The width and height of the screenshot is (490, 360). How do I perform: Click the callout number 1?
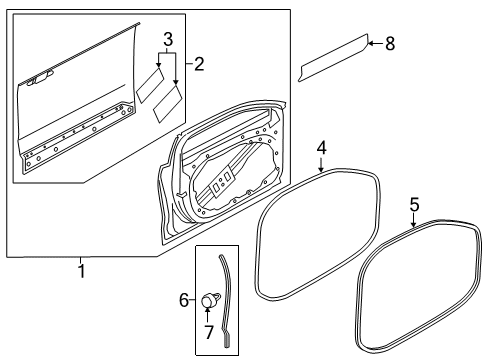[82, 271]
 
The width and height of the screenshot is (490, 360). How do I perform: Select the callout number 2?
[199, 64]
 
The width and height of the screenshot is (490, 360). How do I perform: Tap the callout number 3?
[168, 40]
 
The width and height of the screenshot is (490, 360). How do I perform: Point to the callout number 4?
[321, 148]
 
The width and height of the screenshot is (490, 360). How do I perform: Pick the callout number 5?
[414, 204]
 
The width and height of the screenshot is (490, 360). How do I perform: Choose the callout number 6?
[184, 300]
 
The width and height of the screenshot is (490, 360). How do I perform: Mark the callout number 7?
[209, 332]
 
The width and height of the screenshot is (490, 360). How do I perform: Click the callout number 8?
[390, 44]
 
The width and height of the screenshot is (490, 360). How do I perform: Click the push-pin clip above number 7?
[211, 298]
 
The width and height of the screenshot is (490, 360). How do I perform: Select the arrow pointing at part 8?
[375, 43]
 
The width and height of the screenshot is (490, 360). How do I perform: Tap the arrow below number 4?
[321, 165]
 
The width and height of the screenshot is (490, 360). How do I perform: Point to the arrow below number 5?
[413, 221]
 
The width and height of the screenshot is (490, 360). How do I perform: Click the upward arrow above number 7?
[207, 315]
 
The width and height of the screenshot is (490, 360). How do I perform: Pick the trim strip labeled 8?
[333, 57]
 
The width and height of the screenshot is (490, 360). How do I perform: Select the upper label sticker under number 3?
[150, 85]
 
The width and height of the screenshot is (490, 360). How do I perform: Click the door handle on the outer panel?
[39, 79]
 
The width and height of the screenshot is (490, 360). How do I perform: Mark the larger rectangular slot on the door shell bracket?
[228, 176]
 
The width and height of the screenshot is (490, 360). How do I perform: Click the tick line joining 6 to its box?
[192, 300]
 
